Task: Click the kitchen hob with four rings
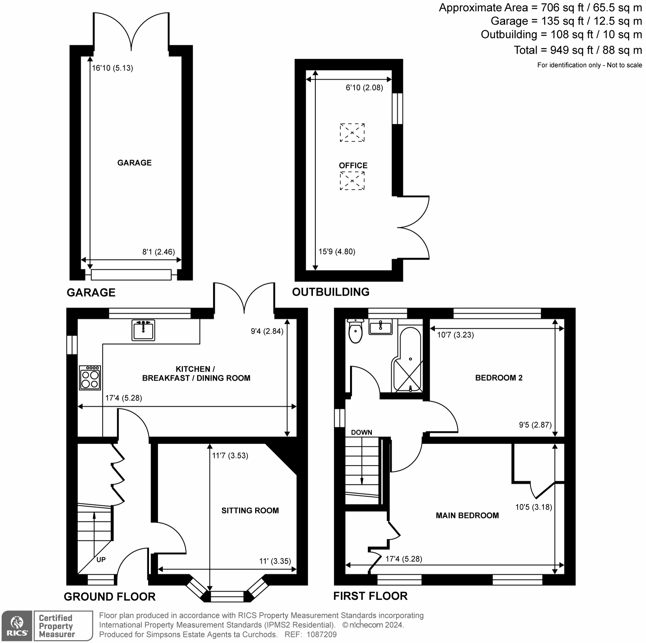pos(90,378)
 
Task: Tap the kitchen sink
pos(143,330)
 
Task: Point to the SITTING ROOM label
pos(250,511)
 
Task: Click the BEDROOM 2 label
pos(499,378)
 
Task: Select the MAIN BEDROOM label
pos(467,515)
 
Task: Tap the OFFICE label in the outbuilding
pos(353,166)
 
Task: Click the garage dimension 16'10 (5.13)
pos(112,68)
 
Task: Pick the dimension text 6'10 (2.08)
pos(364,87)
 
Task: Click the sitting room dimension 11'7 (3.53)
pos(230,456)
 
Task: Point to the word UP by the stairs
pos(101,560)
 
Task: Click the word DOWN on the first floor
pos(361,432)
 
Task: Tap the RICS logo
pos(17,626)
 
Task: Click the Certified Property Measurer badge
pos(63,626)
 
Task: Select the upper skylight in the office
pos(352,132)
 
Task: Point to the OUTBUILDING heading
pos(331,292)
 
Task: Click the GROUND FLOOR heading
pos(109,597)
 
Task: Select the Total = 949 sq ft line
pos(577,50)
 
